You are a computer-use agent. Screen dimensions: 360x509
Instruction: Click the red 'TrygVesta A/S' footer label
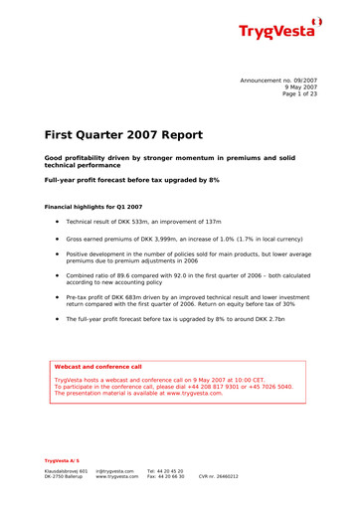(62, 460)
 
